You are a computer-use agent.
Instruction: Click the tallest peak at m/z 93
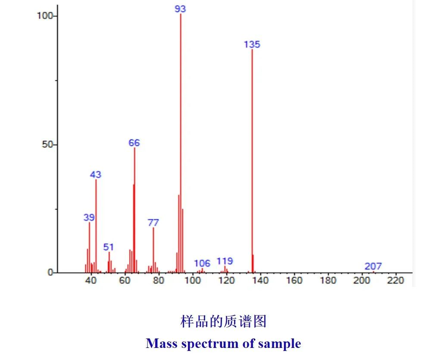(x=181, y=142)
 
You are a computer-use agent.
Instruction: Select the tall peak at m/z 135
(x=252, y=160)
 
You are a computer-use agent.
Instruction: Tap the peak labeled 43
(x=96, y=224)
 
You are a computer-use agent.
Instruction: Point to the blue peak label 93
(x=181, y=9)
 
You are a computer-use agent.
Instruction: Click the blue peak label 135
(x=252, y=44)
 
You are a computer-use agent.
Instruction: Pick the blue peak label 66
(x=134, y=143)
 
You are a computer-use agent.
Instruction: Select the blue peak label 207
(x=373, y=266)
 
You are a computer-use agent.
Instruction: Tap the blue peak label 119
(x=225, y=261)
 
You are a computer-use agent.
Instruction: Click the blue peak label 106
(x=202, y=263)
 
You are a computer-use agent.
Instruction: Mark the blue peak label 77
(x=153, y=222)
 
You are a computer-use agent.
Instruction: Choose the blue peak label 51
(x=109, y=247)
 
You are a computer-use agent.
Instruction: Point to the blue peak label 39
(x=89, y=217)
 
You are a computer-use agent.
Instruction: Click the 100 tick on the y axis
(x=44, y=16)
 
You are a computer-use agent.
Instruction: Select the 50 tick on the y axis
(x=47, y=144)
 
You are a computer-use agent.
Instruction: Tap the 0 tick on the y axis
(x=50, y=272)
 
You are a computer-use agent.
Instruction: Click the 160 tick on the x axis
(x=294, y=281)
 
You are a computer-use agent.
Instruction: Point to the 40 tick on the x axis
(x=91, y=281)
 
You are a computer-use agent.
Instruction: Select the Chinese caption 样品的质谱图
(x=223, y=321)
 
